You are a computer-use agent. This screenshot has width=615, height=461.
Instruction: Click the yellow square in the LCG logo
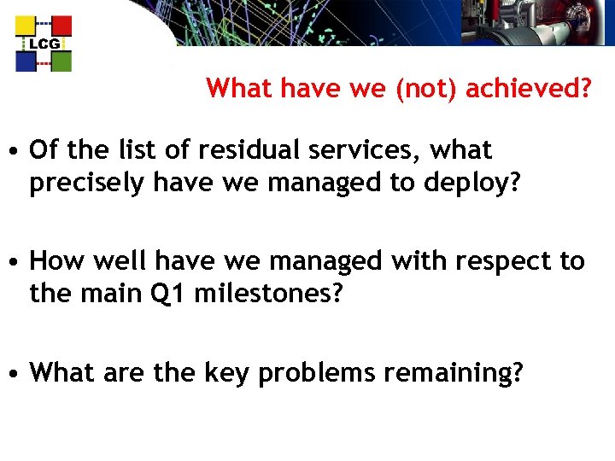point(26,26)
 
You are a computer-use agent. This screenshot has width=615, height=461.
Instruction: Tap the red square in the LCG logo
point(61,26)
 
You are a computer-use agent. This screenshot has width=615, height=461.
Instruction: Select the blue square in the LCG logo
point(26,61)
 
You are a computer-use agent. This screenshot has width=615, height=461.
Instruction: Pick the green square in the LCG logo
point(61,61)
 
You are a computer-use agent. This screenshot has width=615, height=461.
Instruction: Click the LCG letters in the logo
point(44,44)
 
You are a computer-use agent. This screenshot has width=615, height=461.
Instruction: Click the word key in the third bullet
point(220,373)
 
